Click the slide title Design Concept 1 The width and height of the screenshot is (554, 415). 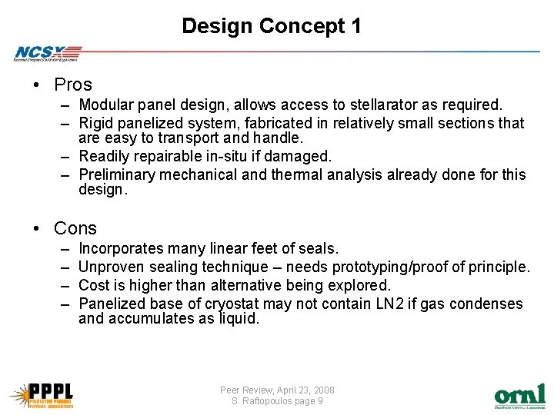click(272, 26)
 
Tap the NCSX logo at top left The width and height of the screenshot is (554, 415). click(46, 52)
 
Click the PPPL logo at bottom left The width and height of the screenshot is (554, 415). click(42, 394)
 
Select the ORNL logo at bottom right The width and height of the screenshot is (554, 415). click(519, 396)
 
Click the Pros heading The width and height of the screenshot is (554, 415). click(73, 85)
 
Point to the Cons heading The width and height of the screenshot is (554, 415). click(75, 228)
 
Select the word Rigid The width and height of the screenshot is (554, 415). click(96, 123)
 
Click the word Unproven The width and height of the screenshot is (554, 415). click(110, 267)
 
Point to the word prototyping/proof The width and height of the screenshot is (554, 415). click(392, 267)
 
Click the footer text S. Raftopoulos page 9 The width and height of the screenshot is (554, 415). click(277, 401)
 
